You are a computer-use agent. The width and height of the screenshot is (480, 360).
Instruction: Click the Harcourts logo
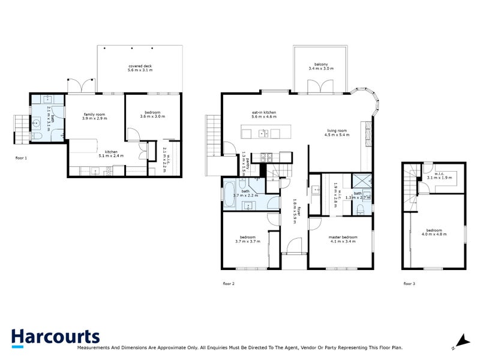55,337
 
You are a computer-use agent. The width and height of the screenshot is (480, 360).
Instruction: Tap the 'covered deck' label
140,66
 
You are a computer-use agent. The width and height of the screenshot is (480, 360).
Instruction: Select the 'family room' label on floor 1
94,113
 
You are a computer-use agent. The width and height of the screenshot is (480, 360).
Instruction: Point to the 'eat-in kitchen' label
263,112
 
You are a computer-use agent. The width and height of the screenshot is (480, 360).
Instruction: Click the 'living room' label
337,130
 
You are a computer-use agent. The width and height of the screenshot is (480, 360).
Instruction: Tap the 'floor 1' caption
22,158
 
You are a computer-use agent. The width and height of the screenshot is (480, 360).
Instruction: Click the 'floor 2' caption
229,283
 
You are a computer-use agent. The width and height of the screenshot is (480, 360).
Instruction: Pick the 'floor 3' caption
409,283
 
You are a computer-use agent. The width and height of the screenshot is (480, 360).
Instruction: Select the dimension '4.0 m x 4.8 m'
434,235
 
